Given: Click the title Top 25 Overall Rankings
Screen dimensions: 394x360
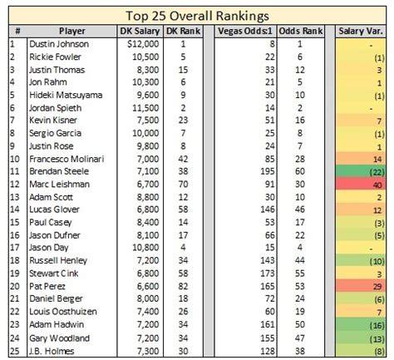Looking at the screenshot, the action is click(x=197, y=16).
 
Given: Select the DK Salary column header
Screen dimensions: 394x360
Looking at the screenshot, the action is click(x=140, y=31).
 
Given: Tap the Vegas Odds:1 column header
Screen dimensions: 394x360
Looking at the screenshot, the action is click(x=245, y=31).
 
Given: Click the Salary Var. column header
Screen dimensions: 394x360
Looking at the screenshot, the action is click(x=361, y=31).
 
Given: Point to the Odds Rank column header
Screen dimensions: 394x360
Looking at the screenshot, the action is click(x=301, y=31).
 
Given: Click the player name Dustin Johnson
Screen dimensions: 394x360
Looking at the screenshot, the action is click(x=59, y=44).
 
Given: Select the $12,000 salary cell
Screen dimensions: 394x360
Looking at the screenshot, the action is click(x=143, y=44).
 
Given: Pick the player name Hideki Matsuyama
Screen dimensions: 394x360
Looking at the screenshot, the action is click(x=66, y=95).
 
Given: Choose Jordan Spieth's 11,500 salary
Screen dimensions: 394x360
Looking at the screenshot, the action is click(x=145, y=108).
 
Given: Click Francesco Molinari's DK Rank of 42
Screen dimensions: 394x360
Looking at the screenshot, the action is click(x=183, y=159).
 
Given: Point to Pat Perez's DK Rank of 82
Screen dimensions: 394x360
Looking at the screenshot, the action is click(x=183, y=286).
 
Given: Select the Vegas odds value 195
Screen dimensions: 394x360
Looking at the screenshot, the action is click(x=268, y=171).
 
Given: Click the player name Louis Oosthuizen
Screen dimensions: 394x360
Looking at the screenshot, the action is click(x=63, y=311).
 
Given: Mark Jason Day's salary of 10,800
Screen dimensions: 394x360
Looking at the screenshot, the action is click(x=145, y=247).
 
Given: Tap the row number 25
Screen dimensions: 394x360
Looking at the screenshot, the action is click(x=15, y=351).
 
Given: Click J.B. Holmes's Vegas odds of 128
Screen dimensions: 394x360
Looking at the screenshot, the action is click(x=268, y=351).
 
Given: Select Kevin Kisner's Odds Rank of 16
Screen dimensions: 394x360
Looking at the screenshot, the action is click(x=300, y=121).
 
